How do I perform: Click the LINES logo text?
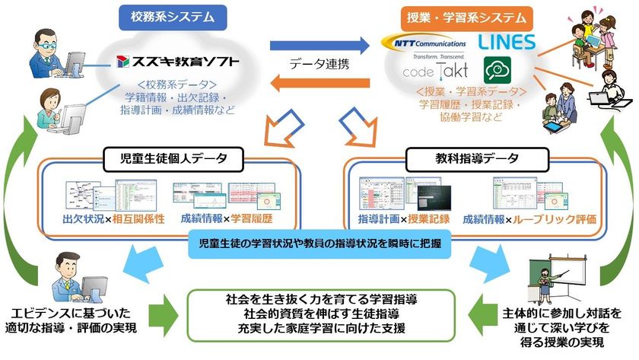coord(508,41)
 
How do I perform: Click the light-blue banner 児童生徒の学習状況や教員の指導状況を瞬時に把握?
coord(319,245)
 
